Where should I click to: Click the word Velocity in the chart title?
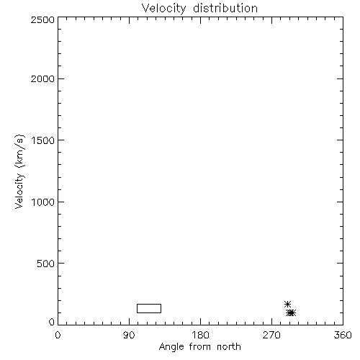[164, 9]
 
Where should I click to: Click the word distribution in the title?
[225, 8]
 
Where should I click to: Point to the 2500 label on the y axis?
[42, 19]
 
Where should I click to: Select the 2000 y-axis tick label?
[42, 78]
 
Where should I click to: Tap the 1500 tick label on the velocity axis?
[43, 140]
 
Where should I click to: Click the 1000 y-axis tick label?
[43, 202]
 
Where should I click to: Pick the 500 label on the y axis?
[46, 264]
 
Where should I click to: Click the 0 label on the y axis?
[52, 322]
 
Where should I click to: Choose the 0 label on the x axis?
[58, 335]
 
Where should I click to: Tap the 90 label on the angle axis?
[129, 335]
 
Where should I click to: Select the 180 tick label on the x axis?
[200, 335]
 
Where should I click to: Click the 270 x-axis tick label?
[271, 335]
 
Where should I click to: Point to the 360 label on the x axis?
[343, 335]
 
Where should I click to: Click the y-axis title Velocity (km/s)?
[19, 171]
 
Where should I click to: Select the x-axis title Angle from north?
[200, 347]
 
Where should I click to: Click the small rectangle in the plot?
[149, 304]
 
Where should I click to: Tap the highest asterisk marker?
[287, 304]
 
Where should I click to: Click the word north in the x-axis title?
[229, 347]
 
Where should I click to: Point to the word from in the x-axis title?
[200, 347]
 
